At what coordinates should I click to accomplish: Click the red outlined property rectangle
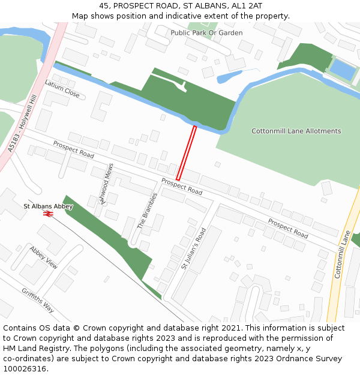coord(186,153)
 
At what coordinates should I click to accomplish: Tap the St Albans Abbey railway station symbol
coord(49,212)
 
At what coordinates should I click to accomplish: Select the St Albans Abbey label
coord(48,206)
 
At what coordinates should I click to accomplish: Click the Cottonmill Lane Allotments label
coord(296,131)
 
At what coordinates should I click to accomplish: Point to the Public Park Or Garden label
coord(206,33)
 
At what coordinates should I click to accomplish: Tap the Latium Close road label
coord(62,89)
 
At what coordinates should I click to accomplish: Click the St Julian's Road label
coord(194,248)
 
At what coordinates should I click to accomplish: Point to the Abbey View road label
coord(43,257)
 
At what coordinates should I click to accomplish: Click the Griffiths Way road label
coord(38,300)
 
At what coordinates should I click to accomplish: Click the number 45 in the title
coord(104,5)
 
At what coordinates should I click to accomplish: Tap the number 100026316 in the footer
coord(25,368)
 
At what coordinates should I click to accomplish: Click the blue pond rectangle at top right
coord(343,70)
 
